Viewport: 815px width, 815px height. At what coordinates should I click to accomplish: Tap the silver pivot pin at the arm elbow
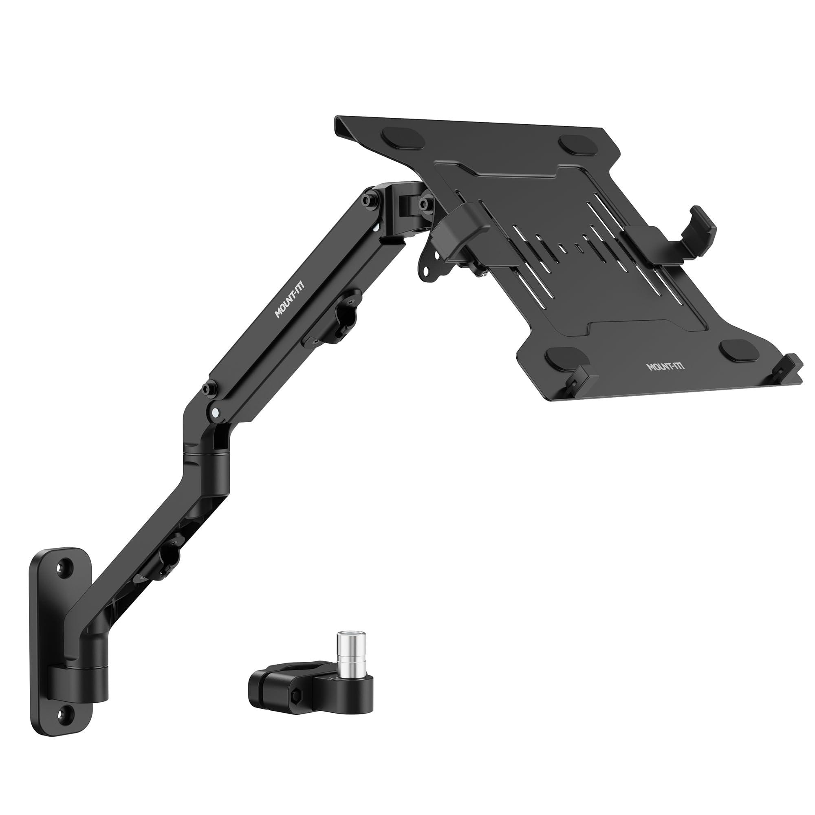pos(216,412)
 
